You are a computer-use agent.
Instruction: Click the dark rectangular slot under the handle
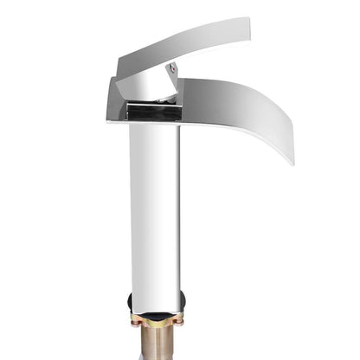pyautogui.click(x=152, y=111)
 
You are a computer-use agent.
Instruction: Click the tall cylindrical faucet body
pyautogui.click(x=155, y=208)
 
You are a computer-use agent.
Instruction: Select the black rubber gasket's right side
pyautogui.click(x=181, y=303)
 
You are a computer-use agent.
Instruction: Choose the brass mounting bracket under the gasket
pyautogui.click(x=156, y=320)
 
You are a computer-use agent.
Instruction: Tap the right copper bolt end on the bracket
pyautogui.click(x=179, y=322)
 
